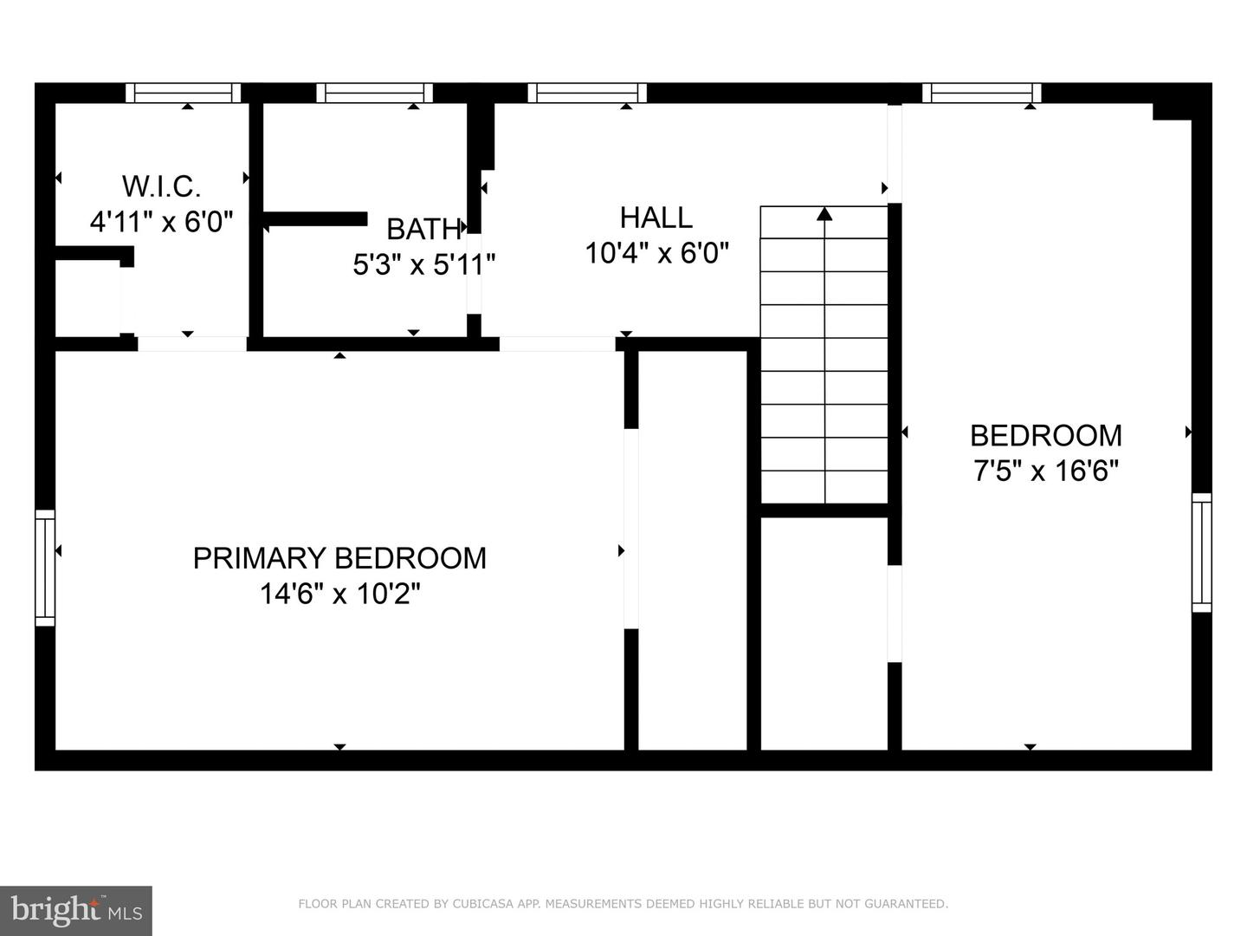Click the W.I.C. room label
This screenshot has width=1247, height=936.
(161, 185)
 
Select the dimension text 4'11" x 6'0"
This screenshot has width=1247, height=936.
(161, 222)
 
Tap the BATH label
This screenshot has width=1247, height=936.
(423, 229)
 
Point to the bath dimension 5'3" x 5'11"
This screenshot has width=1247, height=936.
(423, 264)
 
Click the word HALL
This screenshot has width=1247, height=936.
(656, 217)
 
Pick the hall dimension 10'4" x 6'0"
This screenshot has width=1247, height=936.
(656, 253)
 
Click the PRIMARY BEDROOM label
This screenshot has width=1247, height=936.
(339, 558)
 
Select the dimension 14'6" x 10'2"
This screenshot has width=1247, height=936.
(339, 595)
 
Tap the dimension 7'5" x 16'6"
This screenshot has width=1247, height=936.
(1045, 471)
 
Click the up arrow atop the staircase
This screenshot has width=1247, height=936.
(824, 213)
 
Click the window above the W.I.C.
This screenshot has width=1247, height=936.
(184, 93)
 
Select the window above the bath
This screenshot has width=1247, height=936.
(374, 93)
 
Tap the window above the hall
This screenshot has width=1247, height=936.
(587, 93)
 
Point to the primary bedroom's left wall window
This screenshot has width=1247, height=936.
(45, 568)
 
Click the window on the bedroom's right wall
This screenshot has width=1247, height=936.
(1201, 552)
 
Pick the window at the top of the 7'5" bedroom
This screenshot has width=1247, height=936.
(981, 93)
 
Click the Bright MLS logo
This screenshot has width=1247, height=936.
(76, 910)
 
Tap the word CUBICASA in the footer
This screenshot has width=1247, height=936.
(477, 904)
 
